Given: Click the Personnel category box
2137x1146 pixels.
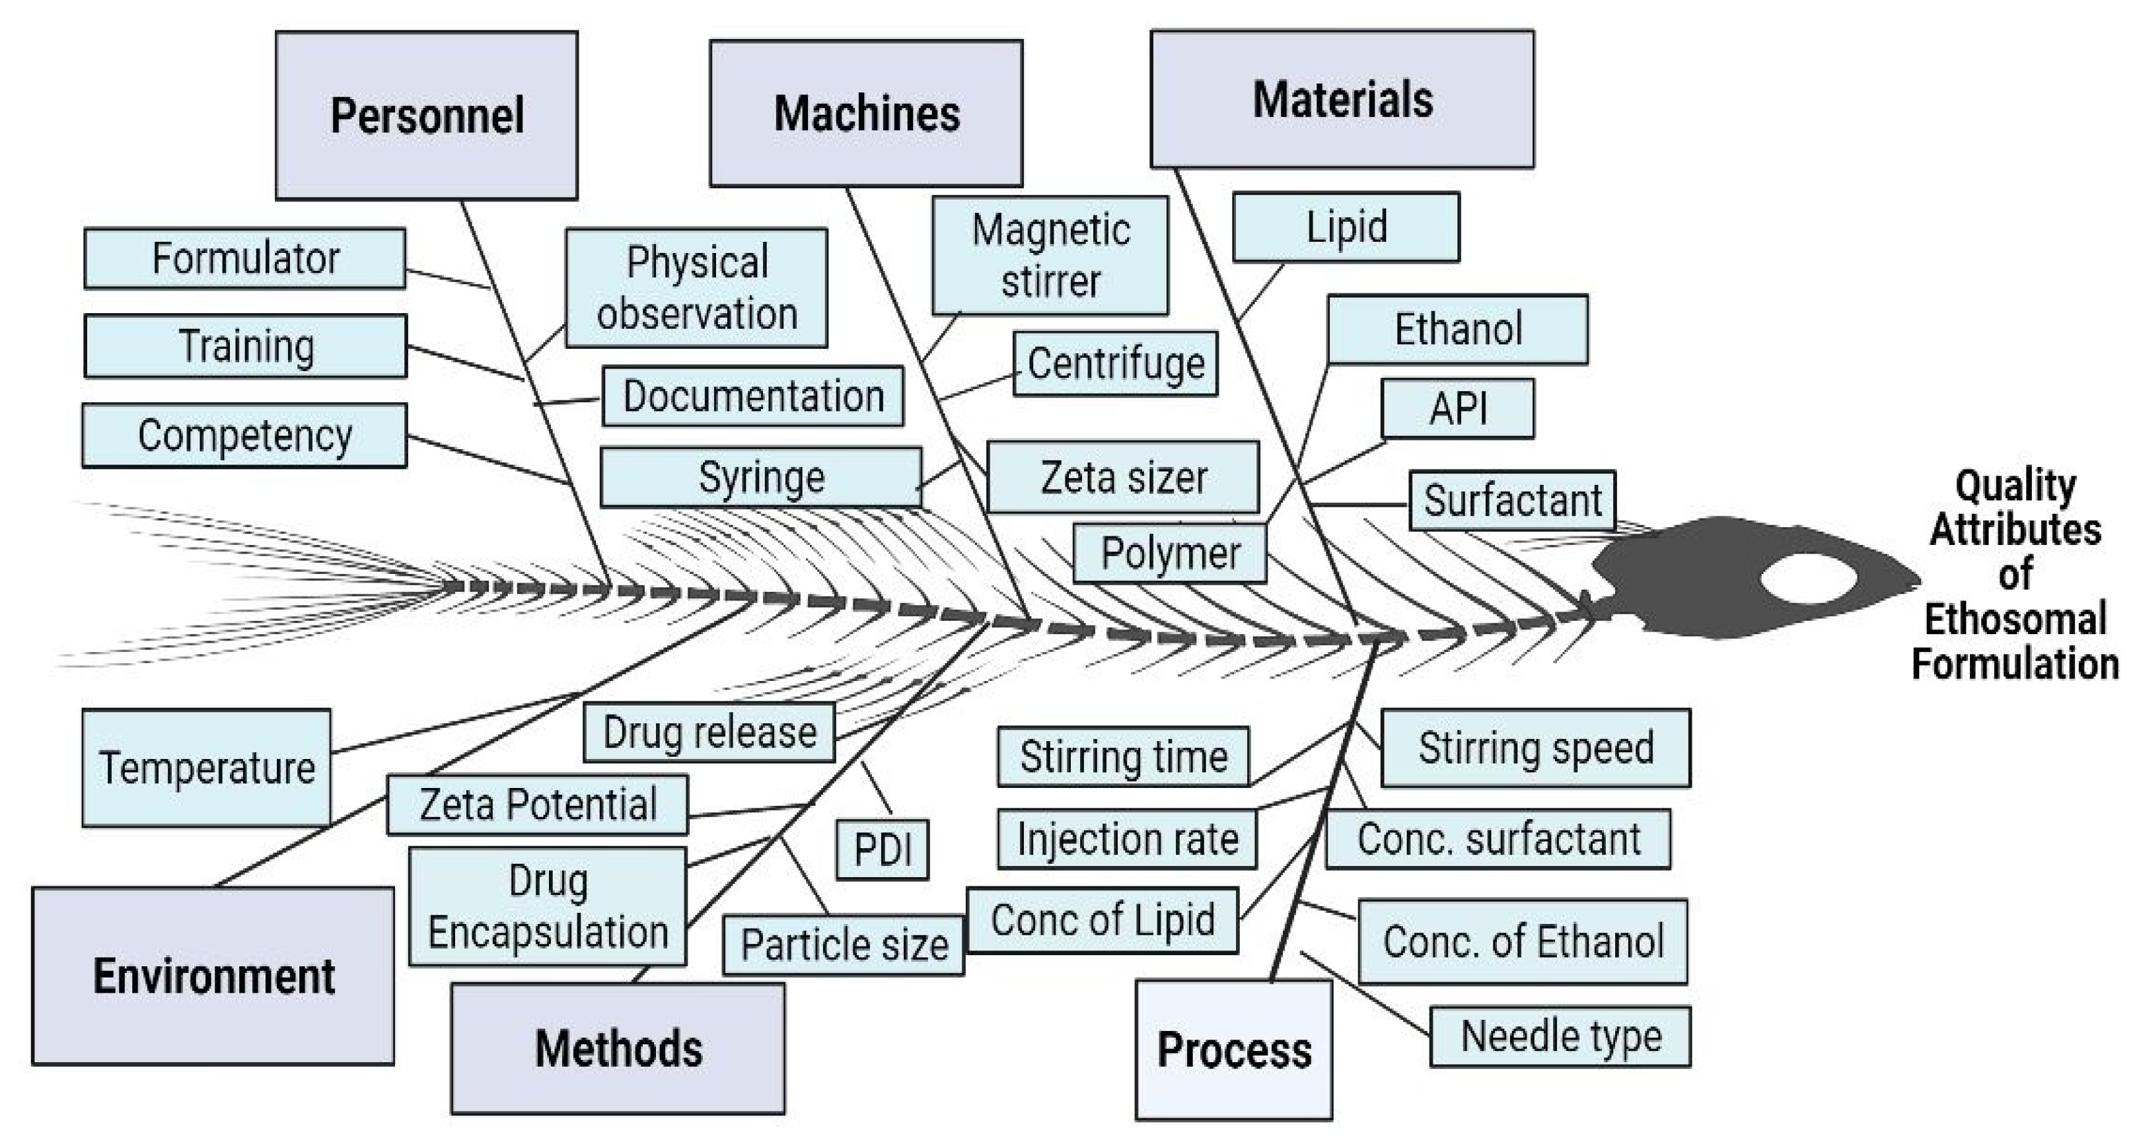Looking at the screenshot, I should point(426,116).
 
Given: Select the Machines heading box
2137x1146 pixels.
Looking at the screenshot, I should point(865,114).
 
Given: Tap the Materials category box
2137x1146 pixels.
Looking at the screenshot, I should point(1342,100).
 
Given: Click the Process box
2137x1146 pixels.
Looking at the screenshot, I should point(1233,1050).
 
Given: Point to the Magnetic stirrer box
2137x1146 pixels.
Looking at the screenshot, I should point(1050,256).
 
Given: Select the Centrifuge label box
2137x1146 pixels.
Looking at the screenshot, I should point(1115,363).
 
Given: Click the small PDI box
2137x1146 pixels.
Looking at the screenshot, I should point(882,849).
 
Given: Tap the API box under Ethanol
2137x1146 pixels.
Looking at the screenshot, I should point(1457,408).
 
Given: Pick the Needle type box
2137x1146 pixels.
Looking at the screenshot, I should point(1560,1036).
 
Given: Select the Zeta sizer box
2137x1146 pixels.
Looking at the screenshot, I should point(1122,478).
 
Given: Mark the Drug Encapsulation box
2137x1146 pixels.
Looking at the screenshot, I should point(548,906).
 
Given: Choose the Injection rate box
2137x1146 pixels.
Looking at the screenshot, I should point(1126,838).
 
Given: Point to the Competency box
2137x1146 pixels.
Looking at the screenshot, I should point(244,435).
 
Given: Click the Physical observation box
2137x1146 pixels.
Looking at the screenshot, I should point(697,288).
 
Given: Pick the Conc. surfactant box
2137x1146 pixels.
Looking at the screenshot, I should point(1498,838).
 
